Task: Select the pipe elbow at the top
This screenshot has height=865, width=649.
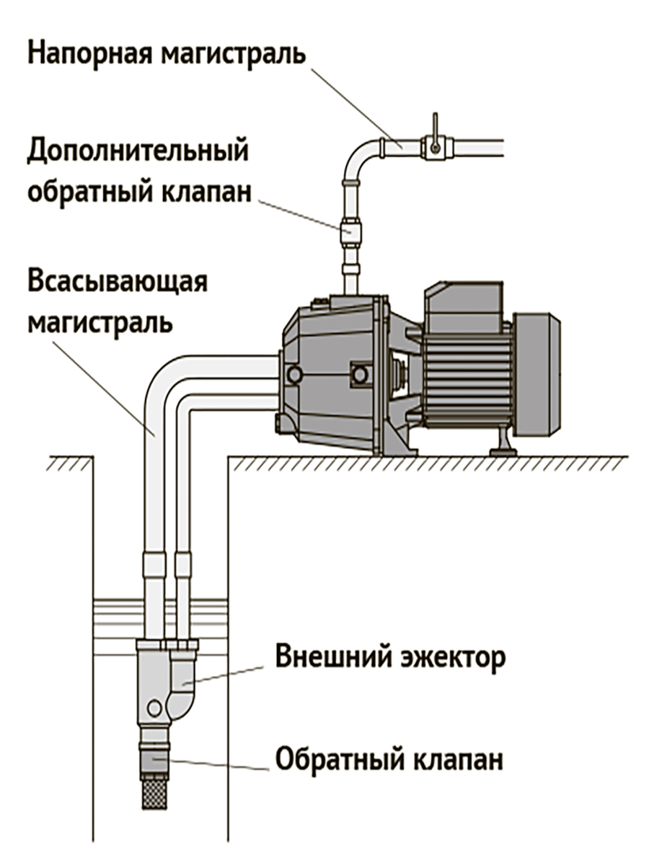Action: (x=361, y=155)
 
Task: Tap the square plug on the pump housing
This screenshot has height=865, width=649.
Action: (x=358, y=373)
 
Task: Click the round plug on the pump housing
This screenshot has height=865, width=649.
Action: (x=293, y=373)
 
